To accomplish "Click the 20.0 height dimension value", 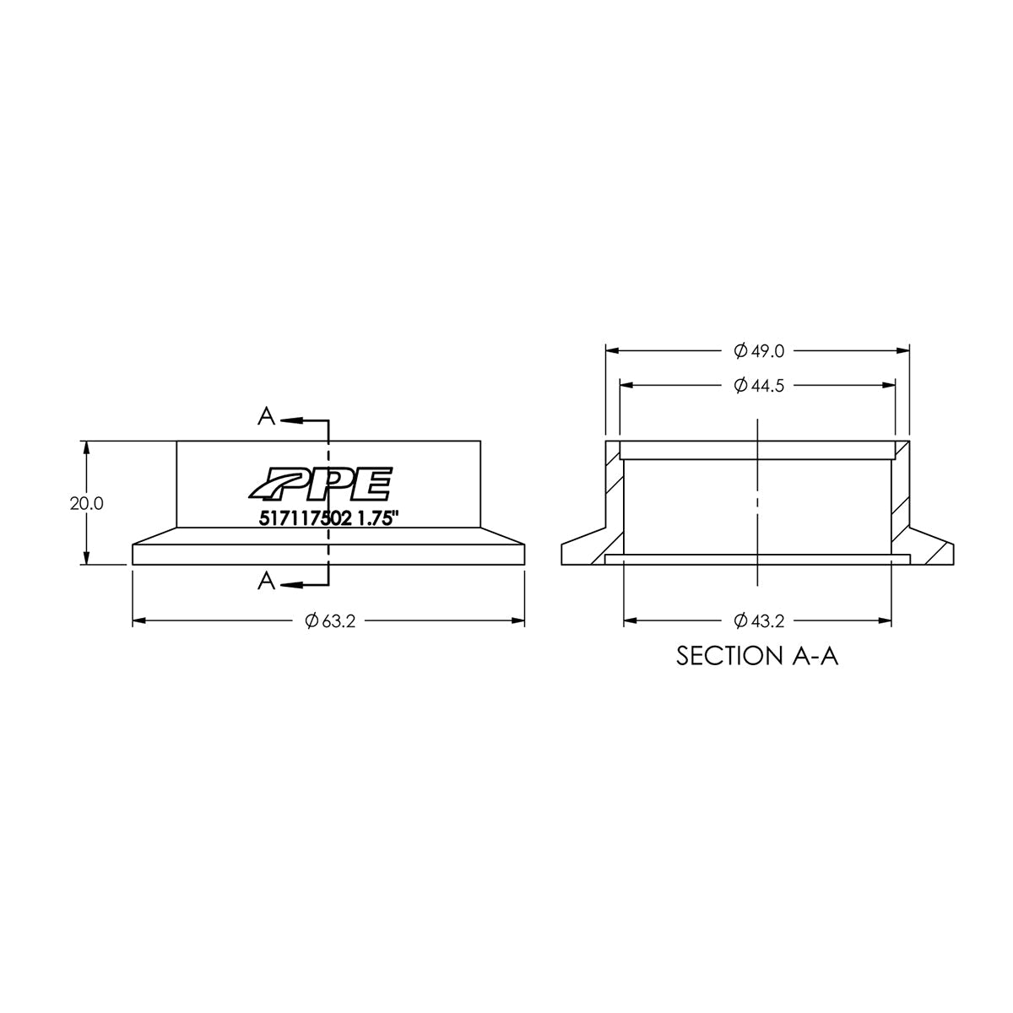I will tap(86, 503).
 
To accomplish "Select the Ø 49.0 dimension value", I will tap(759, 350).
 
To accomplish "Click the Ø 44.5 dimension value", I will tap(759, 386).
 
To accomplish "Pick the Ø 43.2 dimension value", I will tap(759, 621).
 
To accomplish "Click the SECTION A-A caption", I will tap(757, 657).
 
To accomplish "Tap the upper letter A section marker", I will tap(267, 416).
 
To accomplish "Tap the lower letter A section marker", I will tap(267, 581).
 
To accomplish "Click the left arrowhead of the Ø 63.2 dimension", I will tap(138, 621).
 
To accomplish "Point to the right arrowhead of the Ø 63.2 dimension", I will tap(519, 621).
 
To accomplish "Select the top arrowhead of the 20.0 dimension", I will tap(86, 446).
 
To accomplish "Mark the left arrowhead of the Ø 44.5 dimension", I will tap(626, 386).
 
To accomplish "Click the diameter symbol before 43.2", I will tap(740, 621).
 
